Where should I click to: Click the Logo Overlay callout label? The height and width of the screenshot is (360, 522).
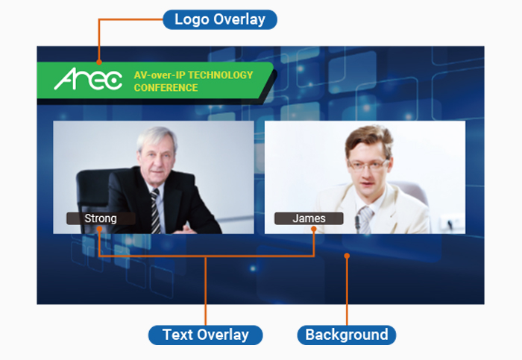coord(220,19)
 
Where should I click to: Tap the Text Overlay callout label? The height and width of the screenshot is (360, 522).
coord(205,335)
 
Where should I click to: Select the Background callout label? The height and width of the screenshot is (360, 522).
coord(347,335)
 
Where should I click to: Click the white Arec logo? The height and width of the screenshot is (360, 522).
coord(88,79)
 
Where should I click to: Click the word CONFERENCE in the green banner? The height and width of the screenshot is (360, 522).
coord(166,88)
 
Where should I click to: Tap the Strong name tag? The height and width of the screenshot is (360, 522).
coord(101,218)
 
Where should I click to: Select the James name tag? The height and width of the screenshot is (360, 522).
coord(309,218)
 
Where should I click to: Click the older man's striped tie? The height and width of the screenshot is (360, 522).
coord(155,211)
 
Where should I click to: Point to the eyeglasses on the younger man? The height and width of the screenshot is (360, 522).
coord(368,165)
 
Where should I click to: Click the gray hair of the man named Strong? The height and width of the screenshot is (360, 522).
coord(157,137)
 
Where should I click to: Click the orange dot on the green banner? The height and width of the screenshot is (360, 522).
coord(99,62)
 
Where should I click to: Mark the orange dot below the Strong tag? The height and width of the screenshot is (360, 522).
coord(99,229)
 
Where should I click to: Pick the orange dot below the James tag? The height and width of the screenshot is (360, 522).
coord(314,229)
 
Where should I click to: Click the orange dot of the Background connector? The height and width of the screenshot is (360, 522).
coord(347,256)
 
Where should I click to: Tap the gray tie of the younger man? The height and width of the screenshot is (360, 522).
coord(365,220)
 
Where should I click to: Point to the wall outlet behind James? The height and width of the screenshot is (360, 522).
coord(450,223)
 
